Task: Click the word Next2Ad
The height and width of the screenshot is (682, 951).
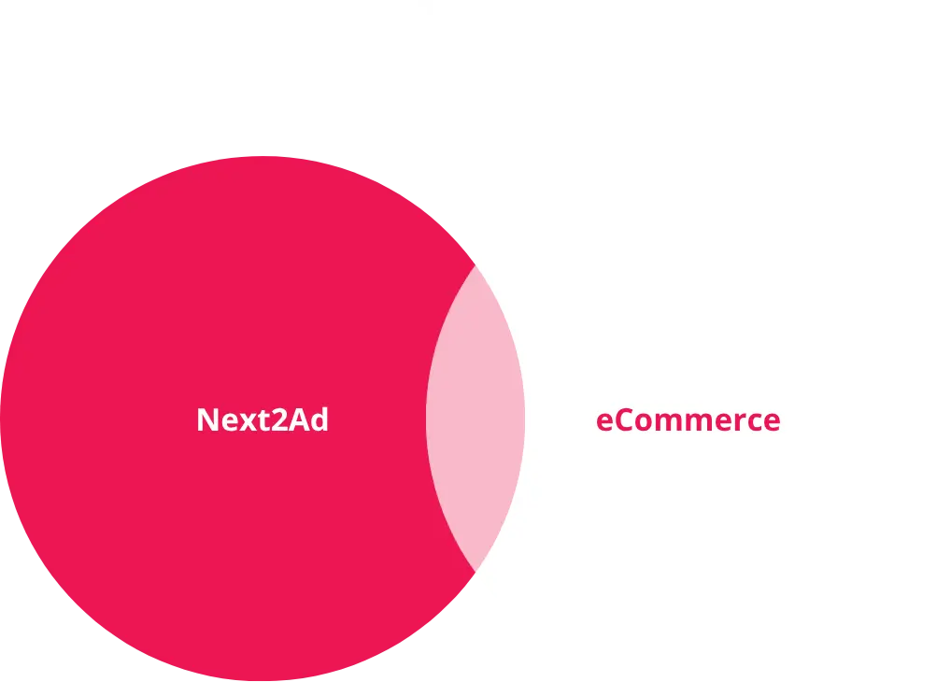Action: (263, 419)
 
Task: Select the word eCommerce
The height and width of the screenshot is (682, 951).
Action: (688, 419)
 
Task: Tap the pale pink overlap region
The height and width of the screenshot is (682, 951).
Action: (475, 419)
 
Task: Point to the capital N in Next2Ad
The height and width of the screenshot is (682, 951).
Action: (208, 419)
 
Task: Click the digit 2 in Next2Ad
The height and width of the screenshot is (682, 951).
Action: (279, 419)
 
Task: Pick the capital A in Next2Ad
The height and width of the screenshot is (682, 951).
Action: (299, 419)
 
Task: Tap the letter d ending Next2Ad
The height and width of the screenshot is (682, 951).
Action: (319, 419)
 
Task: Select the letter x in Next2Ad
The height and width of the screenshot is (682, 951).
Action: (248, 422)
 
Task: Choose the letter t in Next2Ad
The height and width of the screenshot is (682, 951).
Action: (264, 420)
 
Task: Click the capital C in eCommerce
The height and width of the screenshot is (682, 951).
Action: (624, 419)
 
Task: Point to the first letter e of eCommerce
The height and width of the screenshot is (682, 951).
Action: (604, 423)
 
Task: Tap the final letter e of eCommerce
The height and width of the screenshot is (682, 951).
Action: (772, 423)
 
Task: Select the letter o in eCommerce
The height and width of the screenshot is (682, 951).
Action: (644, 423)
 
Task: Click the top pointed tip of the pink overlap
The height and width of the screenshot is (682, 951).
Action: (475, 265)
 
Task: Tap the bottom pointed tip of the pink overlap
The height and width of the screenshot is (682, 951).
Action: (475, 572)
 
